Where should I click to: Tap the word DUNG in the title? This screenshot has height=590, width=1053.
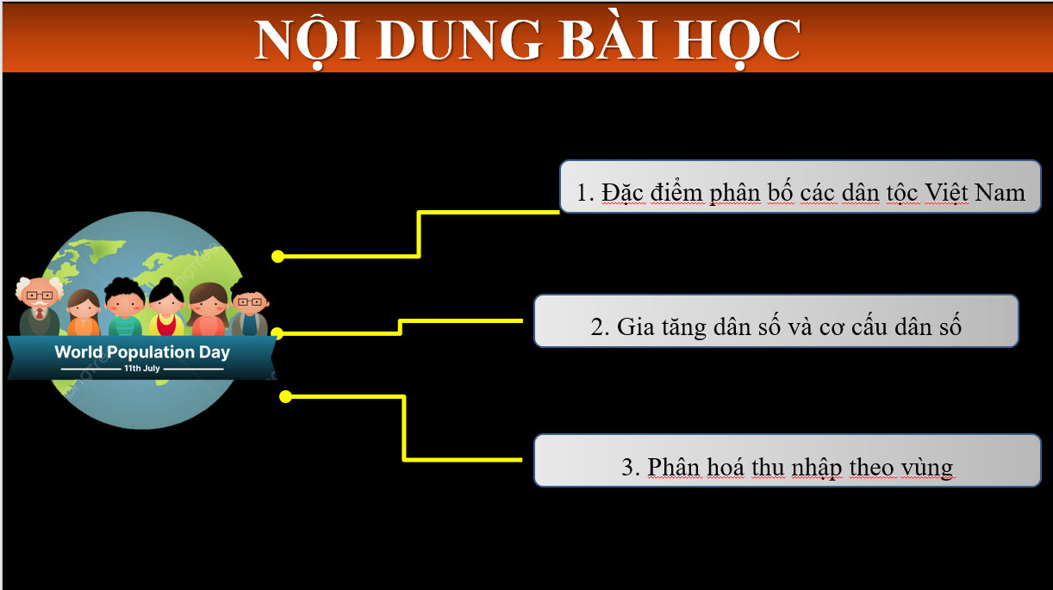[x=459, y=40]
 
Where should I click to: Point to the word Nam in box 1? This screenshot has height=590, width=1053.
[x=1000, y=193]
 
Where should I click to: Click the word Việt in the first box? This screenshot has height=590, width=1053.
[x=946, y=193]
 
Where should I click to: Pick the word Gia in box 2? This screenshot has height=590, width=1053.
[x=635, y=326]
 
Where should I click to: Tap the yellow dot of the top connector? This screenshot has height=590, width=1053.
[x=277, y=257]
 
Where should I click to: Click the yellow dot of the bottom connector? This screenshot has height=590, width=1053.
[x=285, y=397]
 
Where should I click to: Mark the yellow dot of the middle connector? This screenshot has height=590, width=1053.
[x=277, y=333]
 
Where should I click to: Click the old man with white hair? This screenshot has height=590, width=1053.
[x=40, y=306]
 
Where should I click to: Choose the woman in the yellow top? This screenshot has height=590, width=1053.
[x=166, y=307]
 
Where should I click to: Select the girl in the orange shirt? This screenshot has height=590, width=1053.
[x=84, y=313]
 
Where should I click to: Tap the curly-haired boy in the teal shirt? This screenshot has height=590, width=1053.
[x=125, y=307]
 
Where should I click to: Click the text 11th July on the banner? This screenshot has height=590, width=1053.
[x=142, y=369]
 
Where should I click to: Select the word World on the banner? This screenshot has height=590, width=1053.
[x=78, y=352]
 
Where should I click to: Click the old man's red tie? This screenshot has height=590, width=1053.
[x=40, y=313]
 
